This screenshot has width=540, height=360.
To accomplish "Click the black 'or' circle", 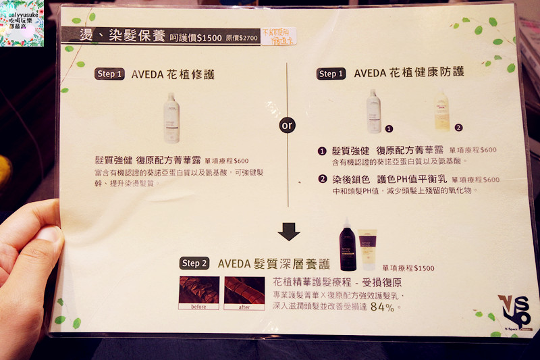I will coord(288,126).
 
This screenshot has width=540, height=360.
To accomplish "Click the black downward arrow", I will coord(289,232).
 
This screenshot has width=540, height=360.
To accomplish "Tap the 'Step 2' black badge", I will coord(195,263).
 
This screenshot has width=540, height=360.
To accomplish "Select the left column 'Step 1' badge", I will coord(109,74).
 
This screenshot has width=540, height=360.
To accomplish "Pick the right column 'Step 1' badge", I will coord(331,74).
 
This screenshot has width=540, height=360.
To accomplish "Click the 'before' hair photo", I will coord(198,292).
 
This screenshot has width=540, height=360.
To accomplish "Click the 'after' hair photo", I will coord(244,292).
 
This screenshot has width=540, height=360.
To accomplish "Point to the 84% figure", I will coord(382,307).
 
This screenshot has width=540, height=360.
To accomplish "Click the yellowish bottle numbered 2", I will coord(442,113).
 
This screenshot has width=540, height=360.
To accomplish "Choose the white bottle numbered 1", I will coord(373,111).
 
